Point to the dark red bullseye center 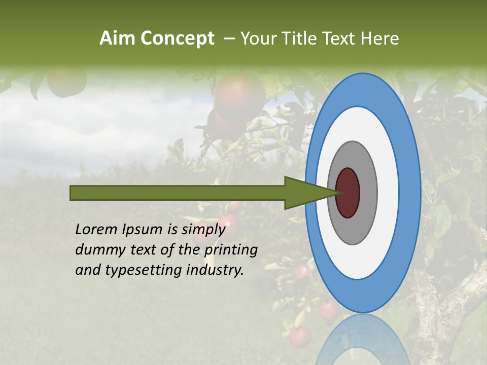(347, 193)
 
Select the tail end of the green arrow (72, 193)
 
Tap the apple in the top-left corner (66, 81)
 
